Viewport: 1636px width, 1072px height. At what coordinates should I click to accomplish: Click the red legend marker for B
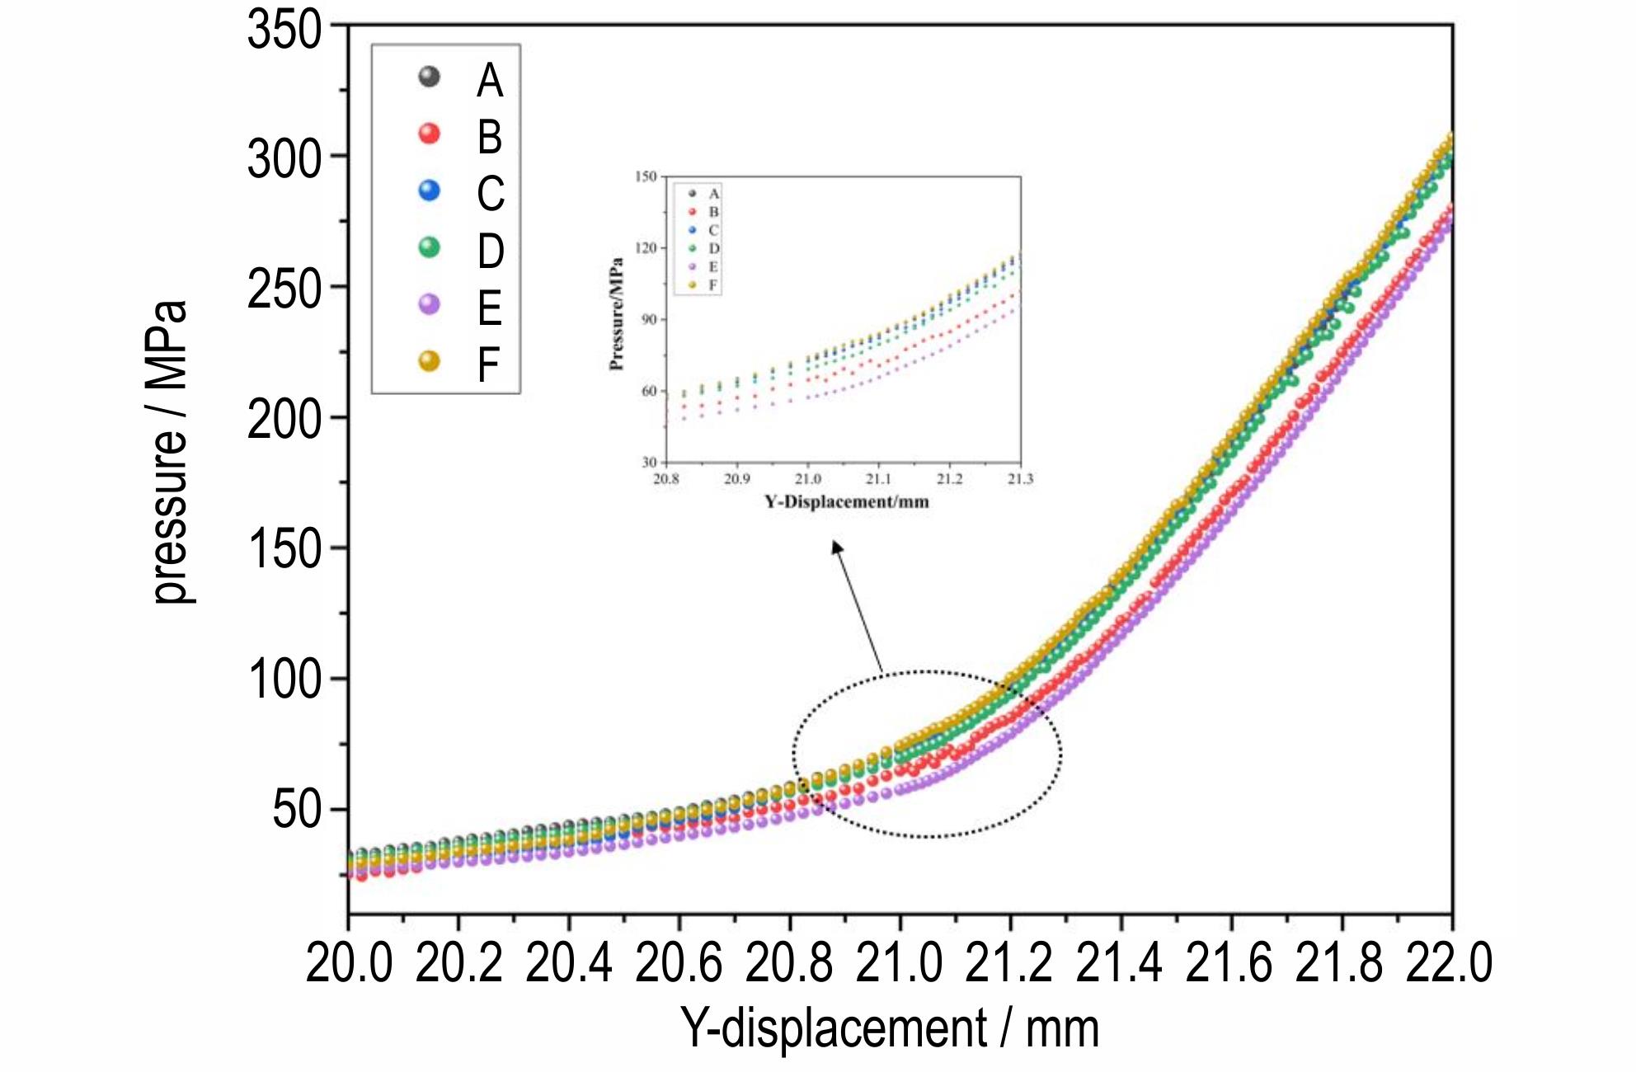429,134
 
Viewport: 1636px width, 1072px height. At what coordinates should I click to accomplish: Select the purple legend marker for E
429,304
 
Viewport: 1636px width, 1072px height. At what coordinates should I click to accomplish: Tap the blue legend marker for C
429,190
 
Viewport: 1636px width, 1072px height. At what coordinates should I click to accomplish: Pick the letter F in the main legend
489,364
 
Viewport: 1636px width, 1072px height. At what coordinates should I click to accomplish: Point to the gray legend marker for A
429,77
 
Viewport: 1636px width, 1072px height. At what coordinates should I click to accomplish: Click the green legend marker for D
429,247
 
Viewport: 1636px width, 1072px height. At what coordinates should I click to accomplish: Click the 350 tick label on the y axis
284,31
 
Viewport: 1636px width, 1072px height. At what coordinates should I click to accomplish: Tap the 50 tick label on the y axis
297,810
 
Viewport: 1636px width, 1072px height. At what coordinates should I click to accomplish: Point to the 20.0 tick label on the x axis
349,962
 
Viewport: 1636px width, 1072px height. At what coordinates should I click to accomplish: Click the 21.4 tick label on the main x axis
1119,962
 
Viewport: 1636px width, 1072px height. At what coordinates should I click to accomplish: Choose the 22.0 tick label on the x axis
1449,962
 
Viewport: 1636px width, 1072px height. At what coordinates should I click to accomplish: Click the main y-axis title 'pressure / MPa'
171,453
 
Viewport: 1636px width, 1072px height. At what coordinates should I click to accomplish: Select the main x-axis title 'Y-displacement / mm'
890,1028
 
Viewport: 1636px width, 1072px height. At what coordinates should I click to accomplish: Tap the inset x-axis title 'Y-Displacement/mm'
846,501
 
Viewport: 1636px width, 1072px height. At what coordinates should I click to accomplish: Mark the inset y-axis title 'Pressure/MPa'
616,314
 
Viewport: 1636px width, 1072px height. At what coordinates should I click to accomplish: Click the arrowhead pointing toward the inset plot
837,547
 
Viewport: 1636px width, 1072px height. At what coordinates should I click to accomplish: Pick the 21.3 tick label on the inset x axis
1020,479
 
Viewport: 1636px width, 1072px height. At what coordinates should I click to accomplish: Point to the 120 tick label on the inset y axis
646,247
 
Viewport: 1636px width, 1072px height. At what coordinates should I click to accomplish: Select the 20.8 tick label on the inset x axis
666,479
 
